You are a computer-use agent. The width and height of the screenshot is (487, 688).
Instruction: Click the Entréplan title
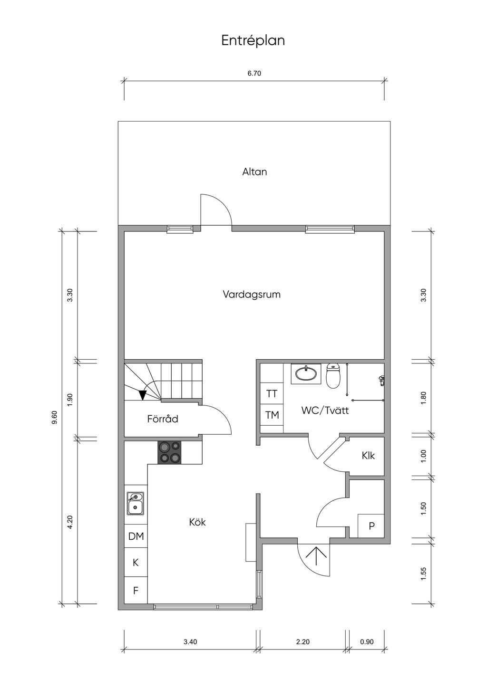pyautogui.click(x=253, y=41)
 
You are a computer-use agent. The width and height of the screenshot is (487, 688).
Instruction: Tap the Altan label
pyautogui.click(x=254, y=172)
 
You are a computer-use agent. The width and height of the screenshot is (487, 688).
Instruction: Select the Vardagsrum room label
pyautogui.click(x=252, y=295)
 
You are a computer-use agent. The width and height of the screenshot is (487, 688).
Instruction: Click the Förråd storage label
pyautogui.click(x=163, y=419)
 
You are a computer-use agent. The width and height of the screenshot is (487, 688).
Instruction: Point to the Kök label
pyautogui.click(x=197, y=522)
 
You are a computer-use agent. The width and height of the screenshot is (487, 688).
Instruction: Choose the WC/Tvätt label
pyautogui.click(x=325, y=411)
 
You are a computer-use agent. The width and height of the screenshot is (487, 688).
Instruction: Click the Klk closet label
pyautogui.click(x=368, y=455)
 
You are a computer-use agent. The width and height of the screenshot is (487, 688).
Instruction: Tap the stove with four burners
pyautogui.click(x=169, y=452)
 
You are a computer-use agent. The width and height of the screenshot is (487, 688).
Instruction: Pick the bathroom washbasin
pyautogui.click(x=306, y=373)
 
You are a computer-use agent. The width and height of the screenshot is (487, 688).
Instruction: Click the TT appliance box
pyautogui.click(x=272, y=393)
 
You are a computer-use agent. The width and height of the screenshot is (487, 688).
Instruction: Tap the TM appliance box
pyautogui.click(x=272, y=415)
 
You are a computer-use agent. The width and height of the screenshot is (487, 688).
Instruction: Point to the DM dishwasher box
pyautogui.click(x=136, y=536)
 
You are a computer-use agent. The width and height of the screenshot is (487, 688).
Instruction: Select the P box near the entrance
pyautogui.click(x=371, y=526)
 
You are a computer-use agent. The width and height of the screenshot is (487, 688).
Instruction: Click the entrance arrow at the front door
pyautogui.click(x=316, y=555)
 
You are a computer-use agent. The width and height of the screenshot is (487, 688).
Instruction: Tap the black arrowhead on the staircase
pyautogui.click(x=142, y=395)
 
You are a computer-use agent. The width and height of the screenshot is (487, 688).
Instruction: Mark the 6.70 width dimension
pyautogui.click(x=254, y=73)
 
